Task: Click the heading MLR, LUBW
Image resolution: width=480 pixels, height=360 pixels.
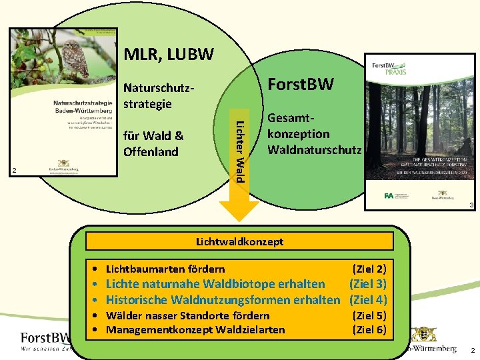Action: pyautogui.click(x=169, y=53)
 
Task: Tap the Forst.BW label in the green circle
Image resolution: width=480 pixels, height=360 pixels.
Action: pyautogui.click(x=301, y=83)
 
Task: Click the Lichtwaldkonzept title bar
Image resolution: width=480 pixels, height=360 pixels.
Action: pyautogui.click(x=239, y=241)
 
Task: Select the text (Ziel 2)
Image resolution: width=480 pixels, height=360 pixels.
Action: pyautogui.click(x=369, y=269)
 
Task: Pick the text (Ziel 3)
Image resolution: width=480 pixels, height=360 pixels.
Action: pyautogui.click(x=368, y=284)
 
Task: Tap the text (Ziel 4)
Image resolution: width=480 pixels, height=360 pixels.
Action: pyautogui.click(x=368, y=299)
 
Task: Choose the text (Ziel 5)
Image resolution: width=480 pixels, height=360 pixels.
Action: pyautogui.click(x=369, y=315)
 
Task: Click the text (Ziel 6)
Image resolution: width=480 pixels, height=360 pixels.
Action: pyautogui.click(x=369, y=329)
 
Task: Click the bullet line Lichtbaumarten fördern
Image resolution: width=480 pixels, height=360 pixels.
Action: pyautogui.click(x=165, y=269)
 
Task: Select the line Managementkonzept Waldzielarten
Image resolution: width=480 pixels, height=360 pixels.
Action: pyautogui.click(x=195, y=329)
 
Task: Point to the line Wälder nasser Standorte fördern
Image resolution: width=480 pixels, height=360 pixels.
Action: pyautogui.click(x=188, y=315)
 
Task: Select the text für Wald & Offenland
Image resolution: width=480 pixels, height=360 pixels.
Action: pyautogui.click(x=153, y=143)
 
